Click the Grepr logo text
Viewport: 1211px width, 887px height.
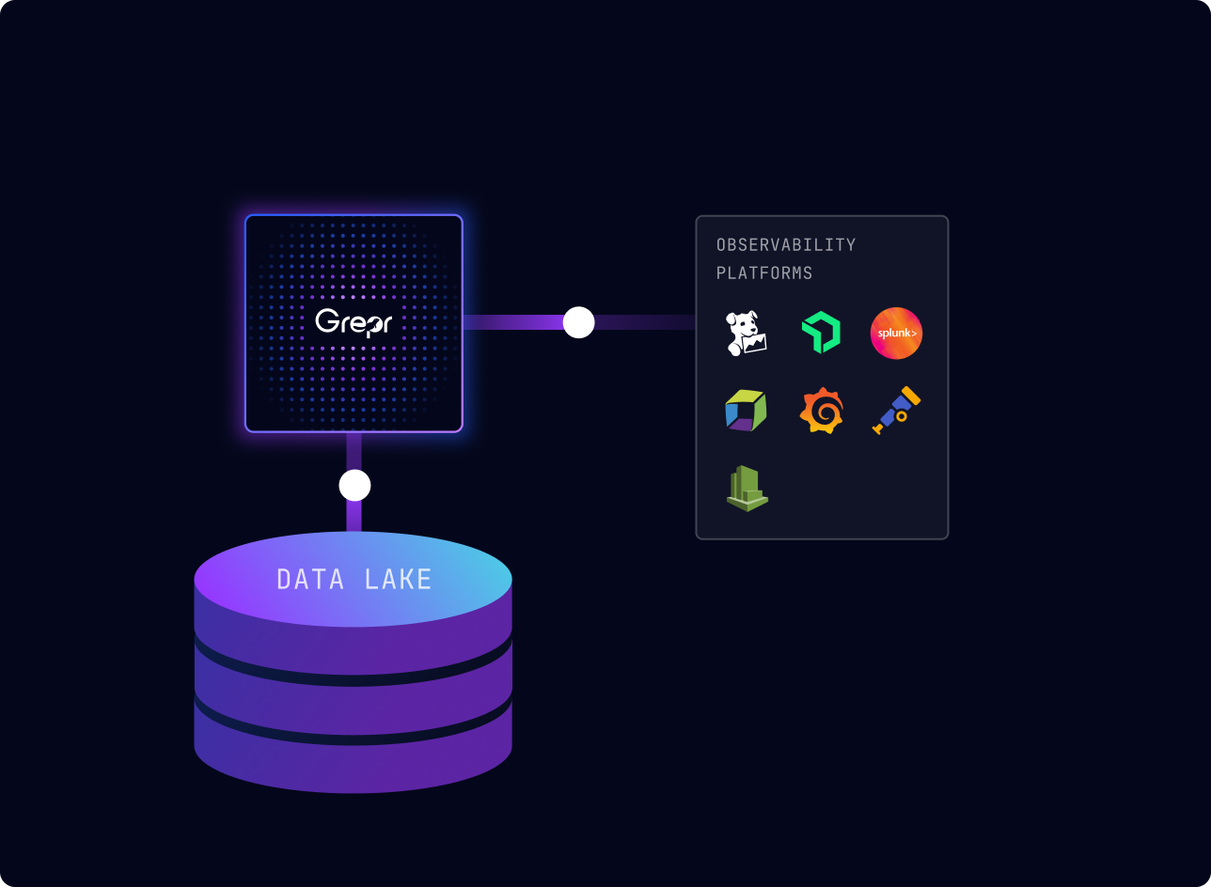354,322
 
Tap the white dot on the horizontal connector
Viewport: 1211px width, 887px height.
578,322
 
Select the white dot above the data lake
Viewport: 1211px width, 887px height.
354,485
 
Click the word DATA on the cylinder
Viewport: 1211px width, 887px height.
309,580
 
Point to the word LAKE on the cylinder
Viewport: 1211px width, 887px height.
398,580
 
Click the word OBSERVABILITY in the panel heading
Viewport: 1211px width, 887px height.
786,244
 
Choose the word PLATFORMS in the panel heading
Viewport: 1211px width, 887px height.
763,272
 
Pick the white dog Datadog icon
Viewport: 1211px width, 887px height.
747,334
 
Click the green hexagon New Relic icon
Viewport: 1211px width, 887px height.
821,333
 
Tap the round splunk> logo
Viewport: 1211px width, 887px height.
896,333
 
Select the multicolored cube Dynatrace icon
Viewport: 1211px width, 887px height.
747,411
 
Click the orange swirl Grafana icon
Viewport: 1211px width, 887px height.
821,411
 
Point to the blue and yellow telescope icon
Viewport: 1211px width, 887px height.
896,411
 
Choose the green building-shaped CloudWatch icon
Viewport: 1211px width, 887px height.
747,489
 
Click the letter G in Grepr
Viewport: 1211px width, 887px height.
326,320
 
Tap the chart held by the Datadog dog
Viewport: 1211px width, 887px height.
755,344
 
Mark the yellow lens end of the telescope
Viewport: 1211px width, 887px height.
911,396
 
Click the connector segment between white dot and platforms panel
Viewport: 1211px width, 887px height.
645,322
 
